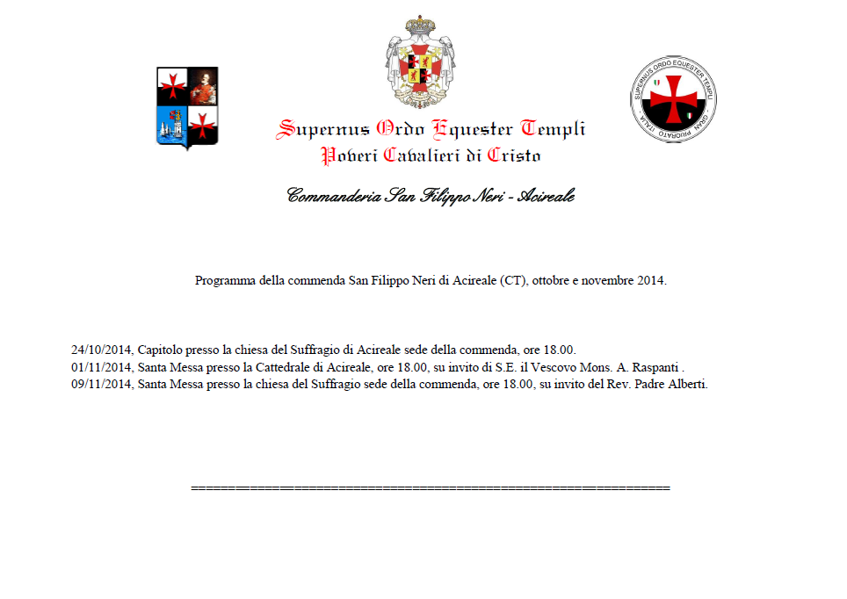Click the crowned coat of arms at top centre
[x=423, y=61]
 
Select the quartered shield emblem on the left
[x=187, y=107]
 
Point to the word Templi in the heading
[x=553, y=130]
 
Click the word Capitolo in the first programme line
[x=161, y=350]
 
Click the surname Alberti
[x=684, y=385]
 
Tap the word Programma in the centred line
[x=225, y=281]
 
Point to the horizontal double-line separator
[x=431, y=487]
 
